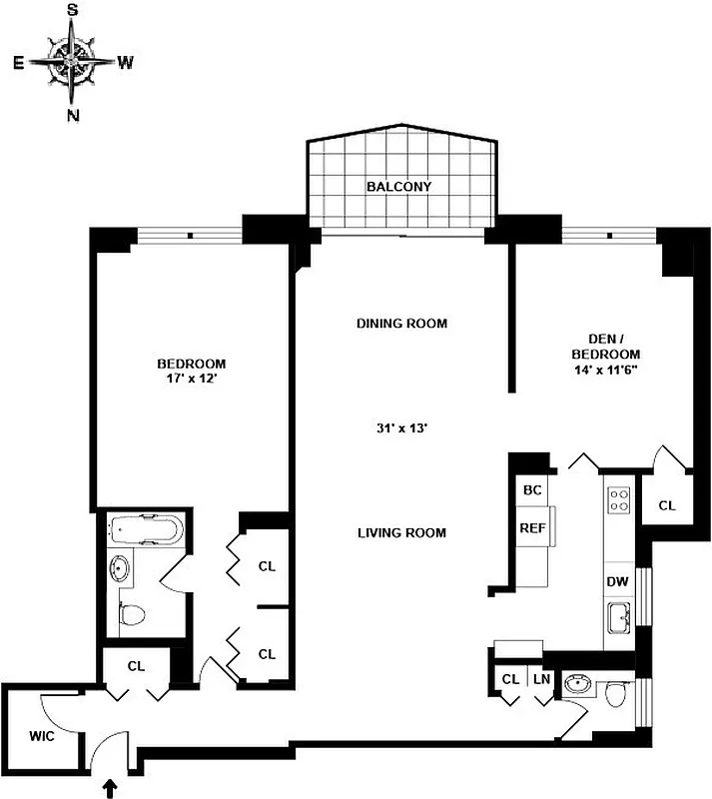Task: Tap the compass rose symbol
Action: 73,61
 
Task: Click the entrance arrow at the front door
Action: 109,788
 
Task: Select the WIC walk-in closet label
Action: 41,737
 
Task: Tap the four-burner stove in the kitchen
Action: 618,498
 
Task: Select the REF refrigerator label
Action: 530,528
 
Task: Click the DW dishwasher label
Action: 616,581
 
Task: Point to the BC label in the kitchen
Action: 531,490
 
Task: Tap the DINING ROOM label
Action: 401,324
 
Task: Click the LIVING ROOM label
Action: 401,532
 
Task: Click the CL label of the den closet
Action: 666,506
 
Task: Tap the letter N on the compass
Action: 73,115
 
